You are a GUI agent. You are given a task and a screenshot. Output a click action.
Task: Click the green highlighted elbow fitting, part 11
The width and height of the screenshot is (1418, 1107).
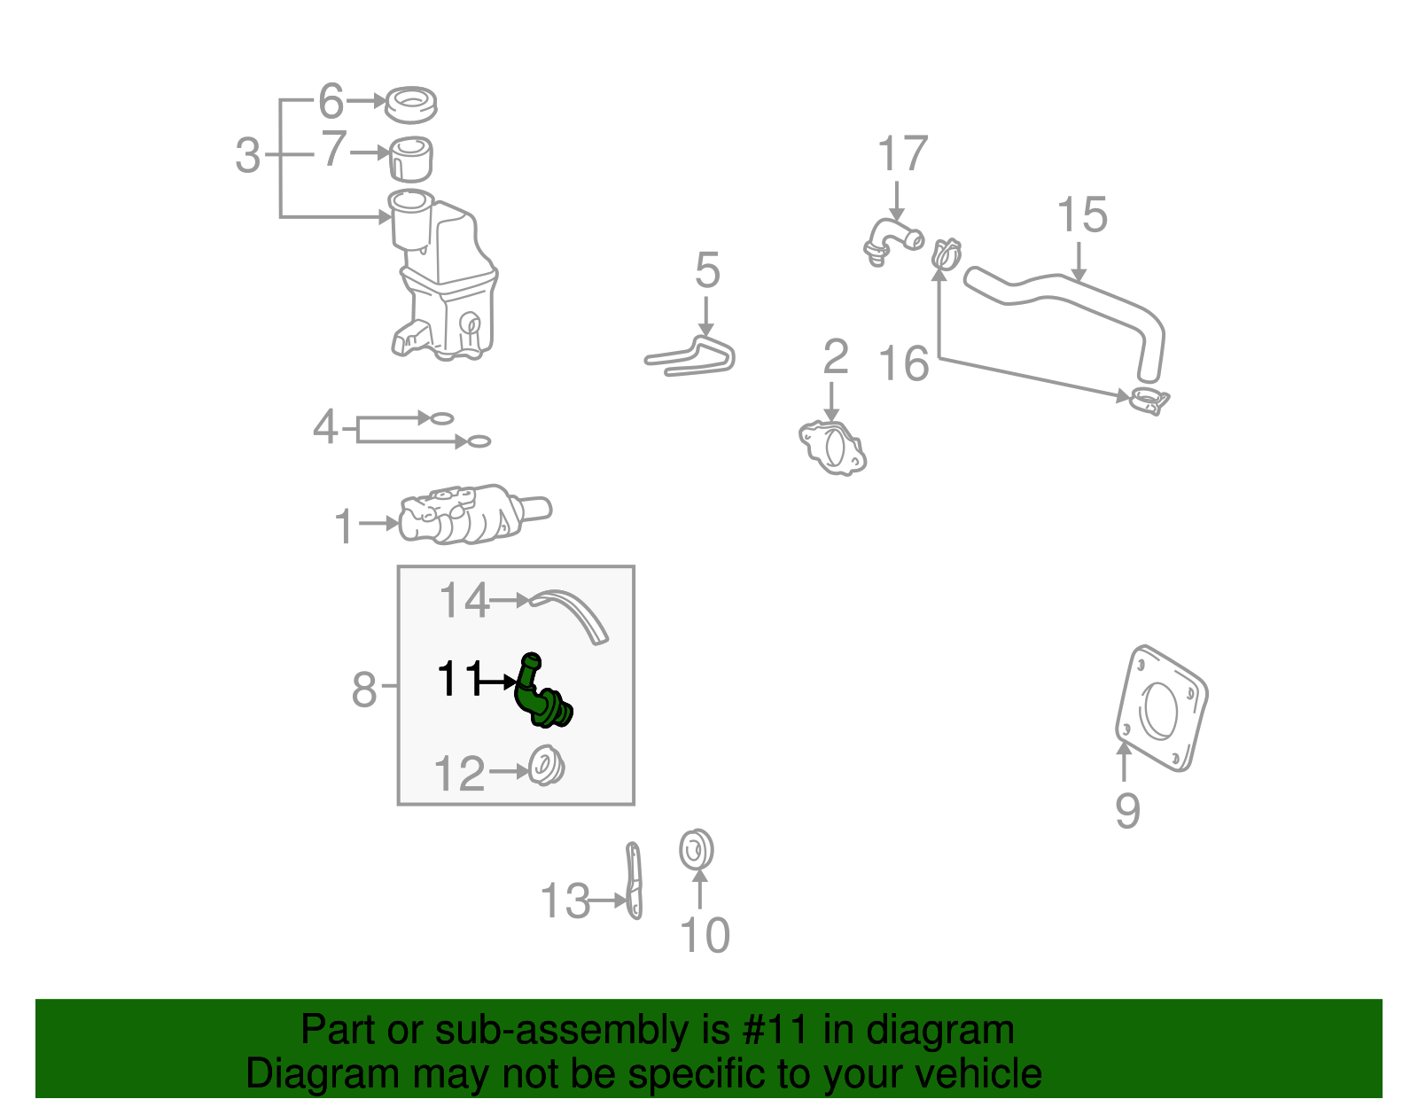pyautogui.click(x=541, y=696)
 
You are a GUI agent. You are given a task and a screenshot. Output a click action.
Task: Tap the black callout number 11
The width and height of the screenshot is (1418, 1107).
pyautogui.click(x=459, y=680)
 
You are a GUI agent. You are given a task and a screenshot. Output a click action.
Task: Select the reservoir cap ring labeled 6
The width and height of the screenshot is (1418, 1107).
pyautogui.click(x=411, y=105)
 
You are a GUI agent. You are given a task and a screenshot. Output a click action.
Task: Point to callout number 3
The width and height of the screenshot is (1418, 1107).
pyautogui.click(x=248, y=156)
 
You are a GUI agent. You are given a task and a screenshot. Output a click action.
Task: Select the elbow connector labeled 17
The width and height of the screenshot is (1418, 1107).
pyautogui.click(x=889, y=239)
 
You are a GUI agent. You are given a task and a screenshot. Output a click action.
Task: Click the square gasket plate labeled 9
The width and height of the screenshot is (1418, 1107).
pyautogui.click(x=1160, y=708)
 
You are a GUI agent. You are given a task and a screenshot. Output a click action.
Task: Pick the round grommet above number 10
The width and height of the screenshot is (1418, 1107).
pyautogui.click(x=697, y=849)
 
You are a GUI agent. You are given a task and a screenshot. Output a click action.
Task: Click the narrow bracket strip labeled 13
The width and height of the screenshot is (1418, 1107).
pyautogui.click(x=635, y=881)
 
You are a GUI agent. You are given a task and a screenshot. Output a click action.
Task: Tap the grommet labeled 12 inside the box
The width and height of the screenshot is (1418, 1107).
pyautogui.click(x=546, y=766)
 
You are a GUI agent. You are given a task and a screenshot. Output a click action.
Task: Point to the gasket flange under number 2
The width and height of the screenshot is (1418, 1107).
pyautogui.click(x=832, y=448)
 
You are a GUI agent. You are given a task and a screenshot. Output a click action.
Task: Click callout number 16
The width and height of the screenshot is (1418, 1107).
pyautogui.click(x=903, y=364)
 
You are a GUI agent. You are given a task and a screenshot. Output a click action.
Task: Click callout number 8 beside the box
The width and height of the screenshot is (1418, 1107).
pyautogui.click(x=364, y=690)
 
